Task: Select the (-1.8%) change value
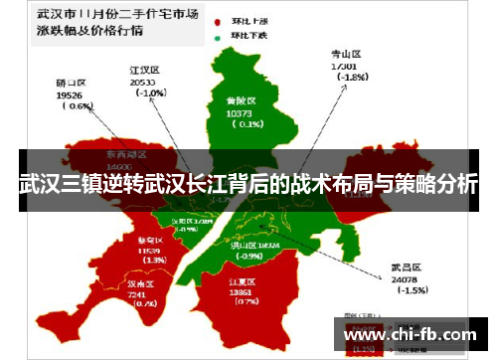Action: coord(353,77)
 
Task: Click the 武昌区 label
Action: coord(408,267)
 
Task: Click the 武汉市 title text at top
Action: coord(58,16)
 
